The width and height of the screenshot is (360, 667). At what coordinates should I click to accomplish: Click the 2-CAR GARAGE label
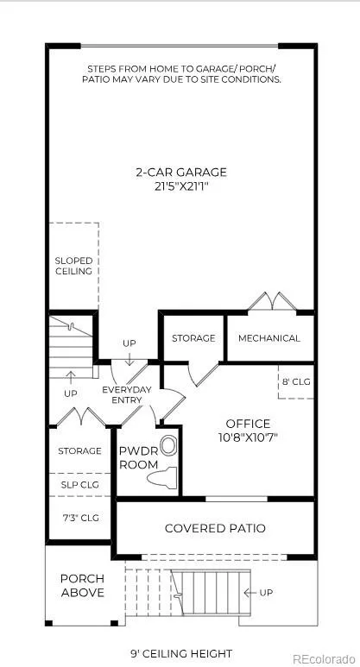(181, 173)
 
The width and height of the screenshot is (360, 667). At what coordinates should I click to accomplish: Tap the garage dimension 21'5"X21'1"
(181, 186)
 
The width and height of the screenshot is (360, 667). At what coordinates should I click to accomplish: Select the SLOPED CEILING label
(73, 266)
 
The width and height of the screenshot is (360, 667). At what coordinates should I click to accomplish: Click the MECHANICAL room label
(269, 338)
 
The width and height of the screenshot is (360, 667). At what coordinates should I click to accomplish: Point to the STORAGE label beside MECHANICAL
(193, 338)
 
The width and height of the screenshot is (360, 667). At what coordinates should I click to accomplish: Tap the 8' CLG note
(297, 381)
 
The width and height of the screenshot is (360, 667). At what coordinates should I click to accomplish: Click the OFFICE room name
(248, 424)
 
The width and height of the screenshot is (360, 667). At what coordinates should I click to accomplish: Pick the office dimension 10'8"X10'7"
(248, 437)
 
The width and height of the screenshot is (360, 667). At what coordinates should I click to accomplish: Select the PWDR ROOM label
(139, 457)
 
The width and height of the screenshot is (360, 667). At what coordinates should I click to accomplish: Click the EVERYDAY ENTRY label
(127, 394)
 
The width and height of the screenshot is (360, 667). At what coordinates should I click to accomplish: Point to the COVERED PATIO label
(215, 528)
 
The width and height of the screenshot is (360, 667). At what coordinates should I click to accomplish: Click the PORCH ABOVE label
(83, 586)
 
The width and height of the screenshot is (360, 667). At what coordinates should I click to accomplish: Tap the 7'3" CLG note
(80, 518)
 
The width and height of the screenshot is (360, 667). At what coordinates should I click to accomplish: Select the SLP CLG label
(80, 485)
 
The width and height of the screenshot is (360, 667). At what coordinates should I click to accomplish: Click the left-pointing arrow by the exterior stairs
(249, 593)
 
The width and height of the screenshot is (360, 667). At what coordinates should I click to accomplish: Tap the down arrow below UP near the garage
(129, 360)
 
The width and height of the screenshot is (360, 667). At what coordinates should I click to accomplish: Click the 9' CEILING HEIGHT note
(181, 653)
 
